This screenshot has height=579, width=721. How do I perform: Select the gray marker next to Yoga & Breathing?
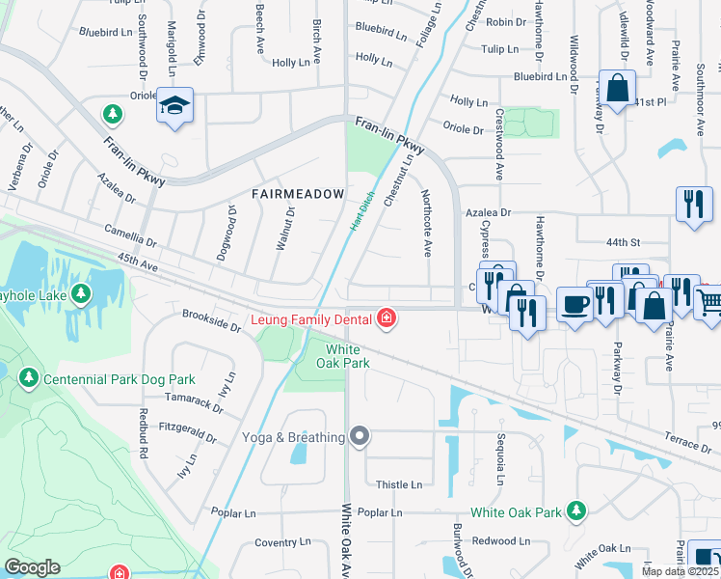pyautogui.click(x=360, y=437)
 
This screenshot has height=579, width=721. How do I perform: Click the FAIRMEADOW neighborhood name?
pyautogui.click(x=298, y=194)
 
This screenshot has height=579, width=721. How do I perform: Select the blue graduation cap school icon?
pyautogui.click(x=175, y=105)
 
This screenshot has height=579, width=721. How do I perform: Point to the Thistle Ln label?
pyautogui.click(x=399, y=484)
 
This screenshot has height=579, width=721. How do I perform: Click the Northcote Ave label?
pyautogui.click(x=426, y=222)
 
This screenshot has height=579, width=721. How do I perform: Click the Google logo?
pyautogui.click(x=32, y=567)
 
